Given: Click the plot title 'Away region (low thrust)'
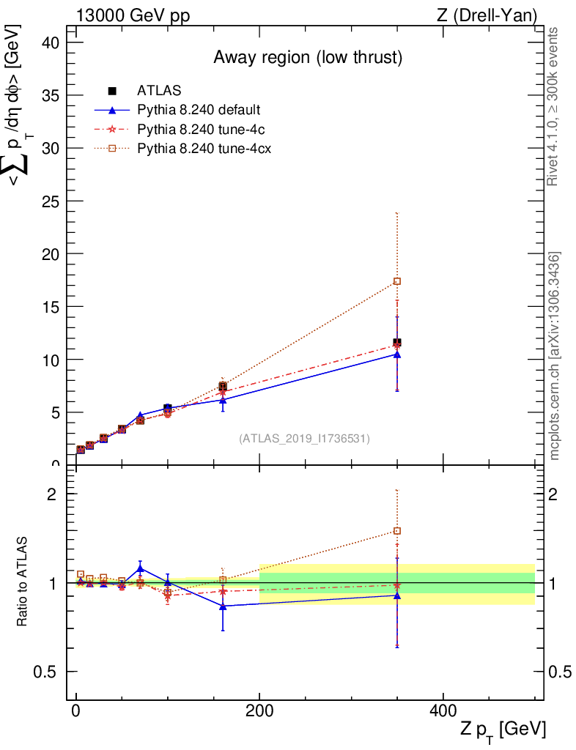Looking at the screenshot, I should click(x=308, y=58).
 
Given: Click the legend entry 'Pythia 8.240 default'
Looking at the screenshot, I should click(x=199, y=111).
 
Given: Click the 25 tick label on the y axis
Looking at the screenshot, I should click(x=49, y=201).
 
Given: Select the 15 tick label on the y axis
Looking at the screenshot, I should click(x=49, y=306).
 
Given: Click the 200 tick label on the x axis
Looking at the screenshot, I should click(x=259, y=711).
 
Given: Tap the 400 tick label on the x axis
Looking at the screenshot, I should click(x=443, y=711).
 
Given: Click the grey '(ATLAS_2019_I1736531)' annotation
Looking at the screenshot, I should click(x=304, y=439).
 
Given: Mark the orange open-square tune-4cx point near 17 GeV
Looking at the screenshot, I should click(x=397, y=281).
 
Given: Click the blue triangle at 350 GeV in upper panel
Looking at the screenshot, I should click(x=397, y=354).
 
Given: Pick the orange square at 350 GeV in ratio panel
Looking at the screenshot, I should click(x=397, y=531).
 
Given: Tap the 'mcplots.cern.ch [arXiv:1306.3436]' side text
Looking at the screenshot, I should click(x=555, y=356).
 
